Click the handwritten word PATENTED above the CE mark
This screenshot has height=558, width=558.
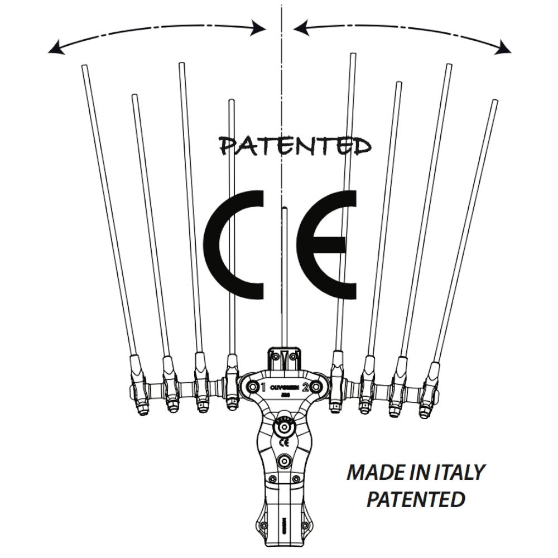click(x=296, y=146)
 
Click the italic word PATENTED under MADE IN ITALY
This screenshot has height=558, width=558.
click(x=416, y=498)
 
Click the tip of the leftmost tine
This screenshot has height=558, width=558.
click(x=85, y=68)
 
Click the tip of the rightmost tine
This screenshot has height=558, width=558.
click(x=494, y=102)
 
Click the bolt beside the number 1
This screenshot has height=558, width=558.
click(x=252, y=387)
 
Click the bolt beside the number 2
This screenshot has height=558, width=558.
click(x=315, y=387)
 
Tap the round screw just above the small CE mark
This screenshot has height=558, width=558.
click(x=285, y=427)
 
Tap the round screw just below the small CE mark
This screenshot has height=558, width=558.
click(x=285, y=461)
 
